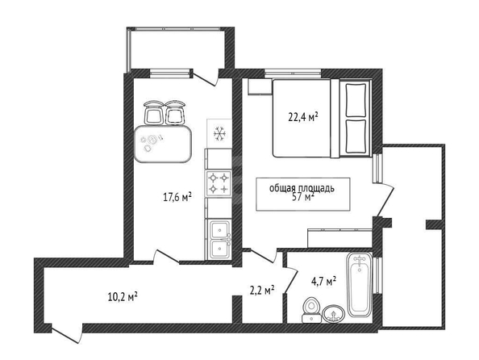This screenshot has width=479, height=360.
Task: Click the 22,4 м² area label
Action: click(x=303, y=116)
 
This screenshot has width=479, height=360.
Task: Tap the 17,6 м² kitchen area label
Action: click(x=177, y=197)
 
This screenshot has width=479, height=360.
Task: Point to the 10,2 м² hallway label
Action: click(x=123, y=296)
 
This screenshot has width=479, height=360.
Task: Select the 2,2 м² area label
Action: click(x=262, y=291)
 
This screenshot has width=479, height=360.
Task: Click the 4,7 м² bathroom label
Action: click(x=323, y=281)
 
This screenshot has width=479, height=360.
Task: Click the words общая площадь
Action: click(x=302, y=188)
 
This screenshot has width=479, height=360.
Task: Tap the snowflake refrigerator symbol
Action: click(x=219, y=134)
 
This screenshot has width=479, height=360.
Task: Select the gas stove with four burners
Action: click(x=219, y=183)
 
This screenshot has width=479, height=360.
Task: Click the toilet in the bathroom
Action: click(x=311, y=310)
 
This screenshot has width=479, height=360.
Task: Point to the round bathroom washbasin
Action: click(x=333, y=313)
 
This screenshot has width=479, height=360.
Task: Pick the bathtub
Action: click(x=360, y=285)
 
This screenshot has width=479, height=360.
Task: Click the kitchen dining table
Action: click(x=163, y=144)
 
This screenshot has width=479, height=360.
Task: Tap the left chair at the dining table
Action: click(x=153, y=112)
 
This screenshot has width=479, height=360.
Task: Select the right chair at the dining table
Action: click(x=175, y=112)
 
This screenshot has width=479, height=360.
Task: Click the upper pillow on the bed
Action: click(x=356, y=100)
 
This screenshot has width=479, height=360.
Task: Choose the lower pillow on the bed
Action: click(x=356, y=136)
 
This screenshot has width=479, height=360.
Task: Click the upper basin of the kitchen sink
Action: click(x=220, y=228)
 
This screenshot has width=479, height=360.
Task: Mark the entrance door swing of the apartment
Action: click(x=67, y=333)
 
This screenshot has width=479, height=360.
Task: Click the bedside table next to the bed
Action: click(x=260, y=87)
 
